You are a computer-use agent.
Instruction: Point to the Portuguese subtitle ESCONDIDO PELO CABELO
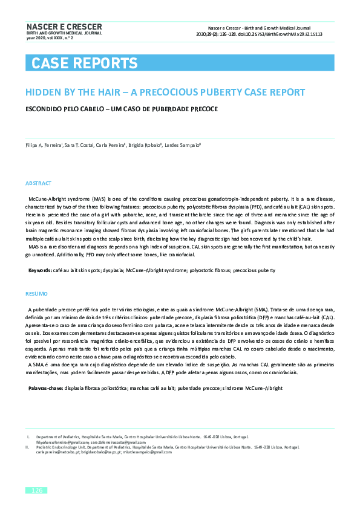click(x=121, y=109)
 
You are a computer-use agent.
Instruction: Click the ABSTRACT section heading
click(x=39, y=183)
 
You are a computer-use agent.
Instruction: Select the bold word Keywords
click(x=40, y=270)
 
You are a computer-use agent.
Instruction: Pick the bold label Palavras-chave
click(x=45, y=387)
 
